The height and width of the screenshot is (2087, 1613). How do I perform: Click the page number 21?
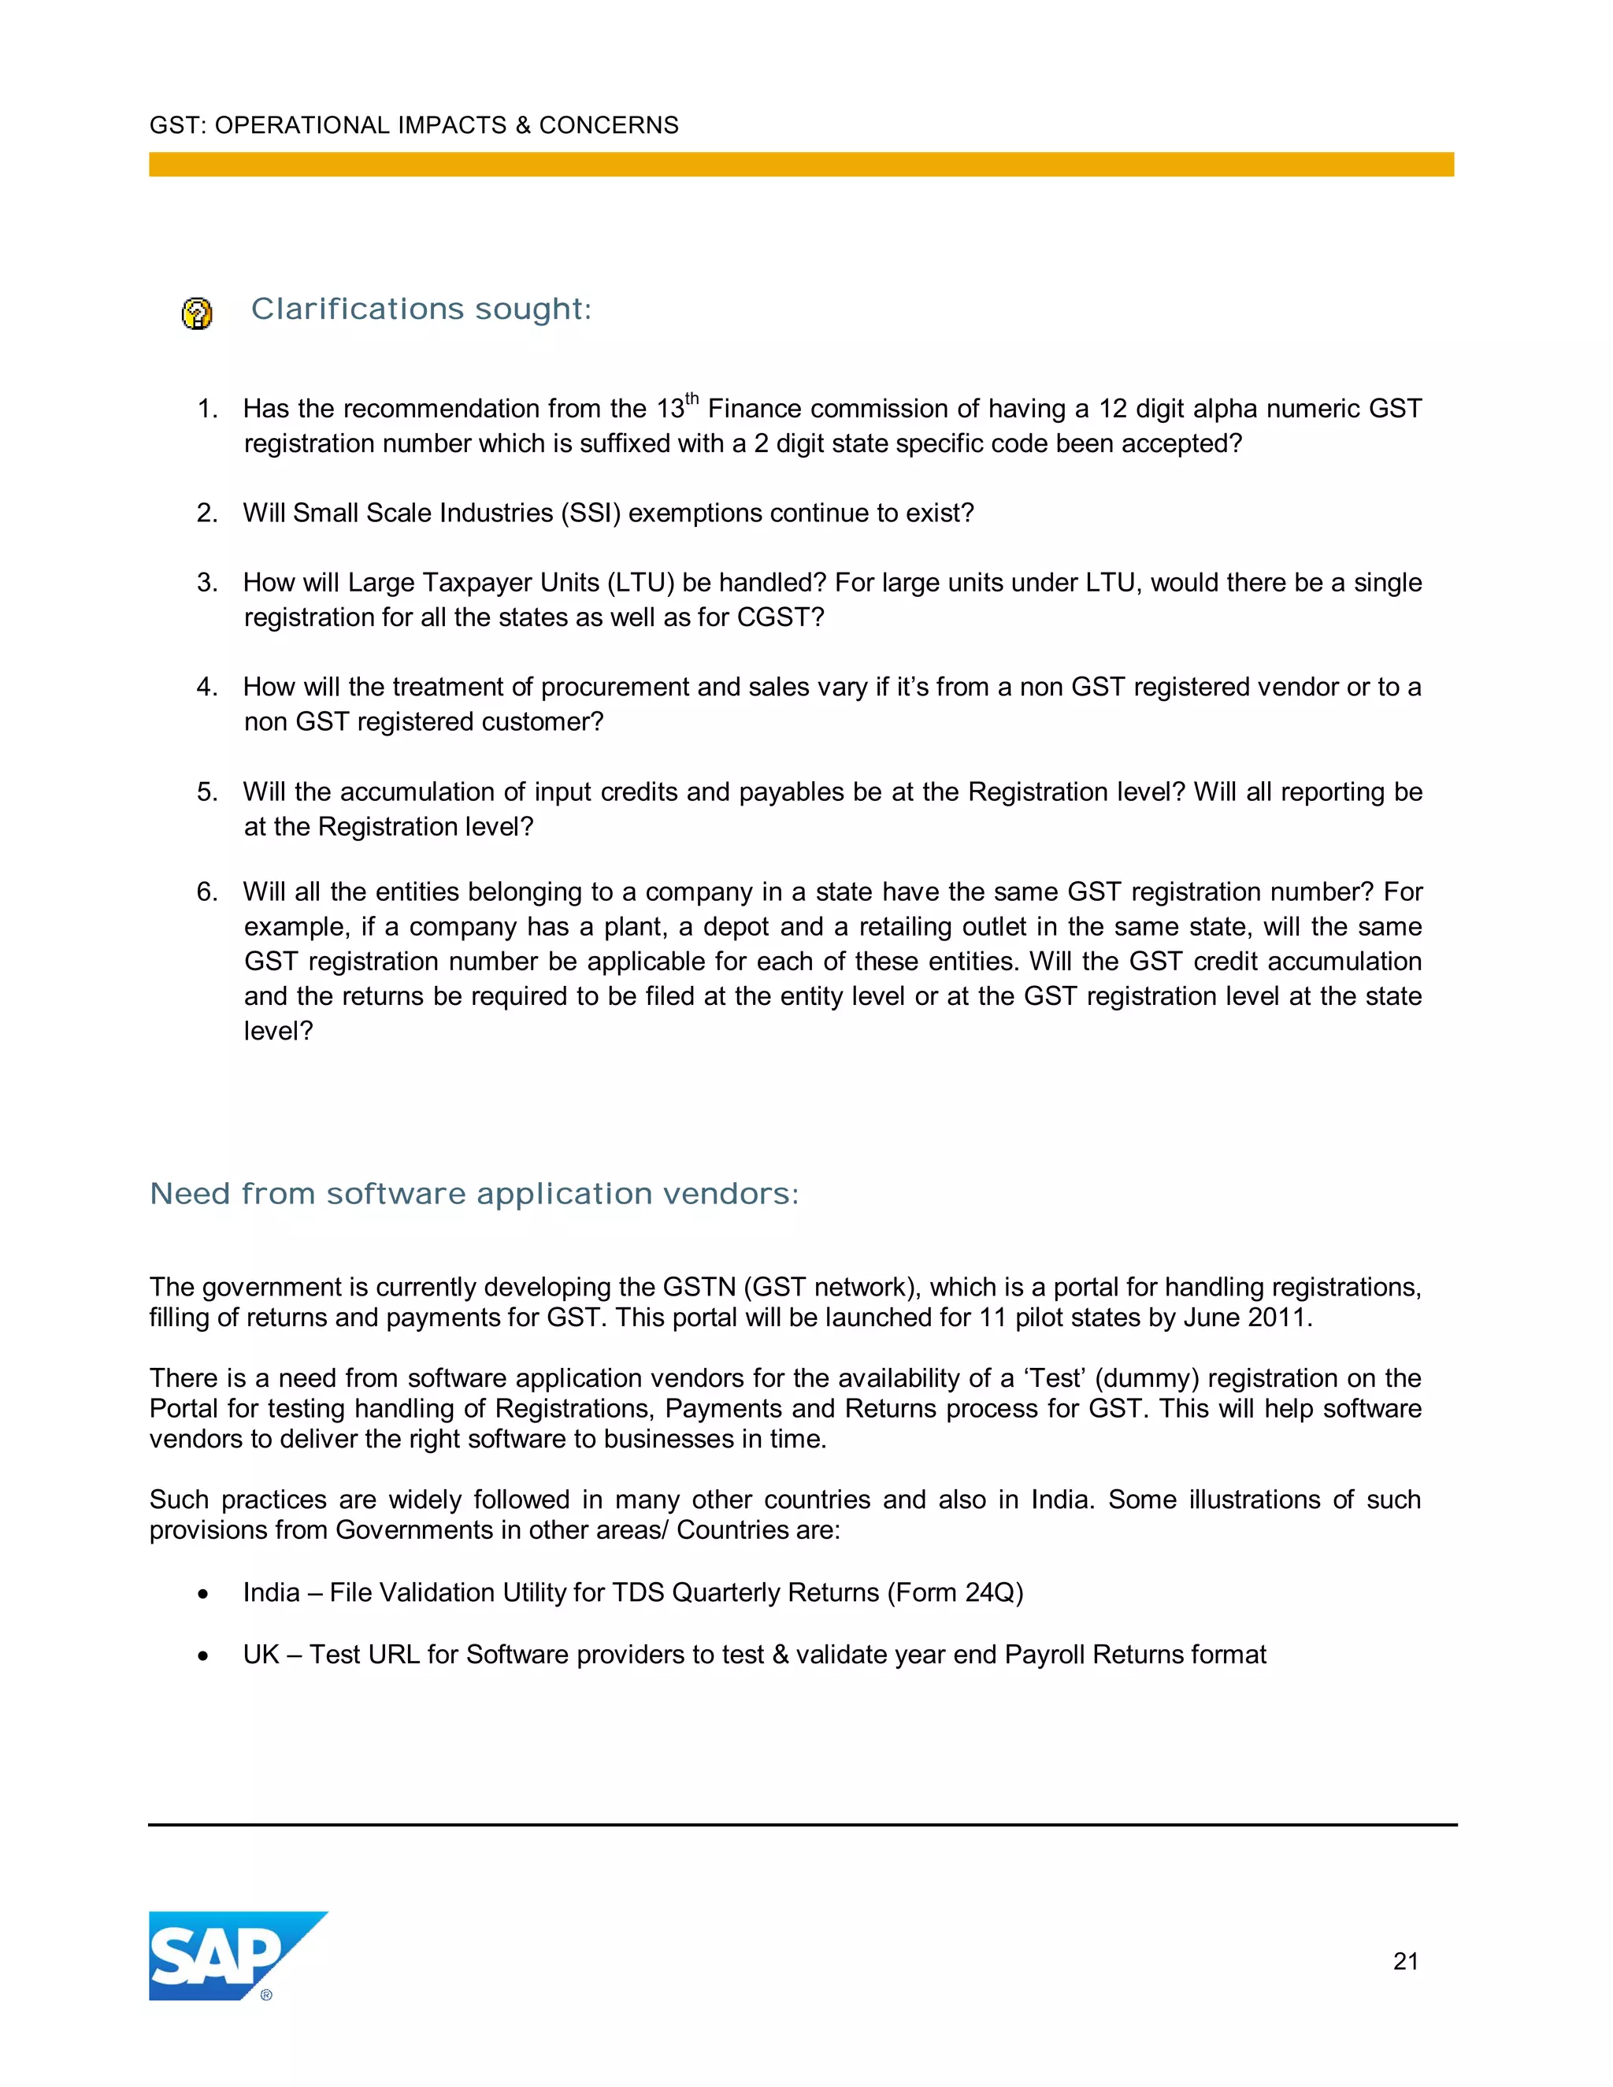(x=1405, y=1962)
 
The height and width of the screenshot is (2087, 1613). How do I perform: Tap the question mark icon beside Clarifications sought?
(x=197, y=313)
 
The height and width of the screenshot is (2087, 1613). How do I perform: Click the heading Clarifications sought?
(x=421, y=310)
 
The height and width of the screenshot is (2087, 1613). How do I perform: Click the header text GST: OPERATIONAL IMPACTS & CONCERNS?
(x=413, y=125)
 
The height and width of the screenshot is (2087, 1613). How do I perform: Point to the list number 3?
(x=206, y=583)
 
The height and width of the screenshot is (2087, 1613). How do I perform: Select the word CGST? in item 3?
(x=780, y=617)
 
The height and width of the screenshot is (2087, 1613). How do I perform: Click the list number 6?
(x=206, y=892)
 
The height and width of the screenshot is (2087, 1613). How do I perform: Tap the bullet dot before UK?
(x=202, y=1656)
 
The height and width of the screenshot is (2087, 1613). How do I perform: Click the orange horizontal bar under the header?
(x=801, y=165)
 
